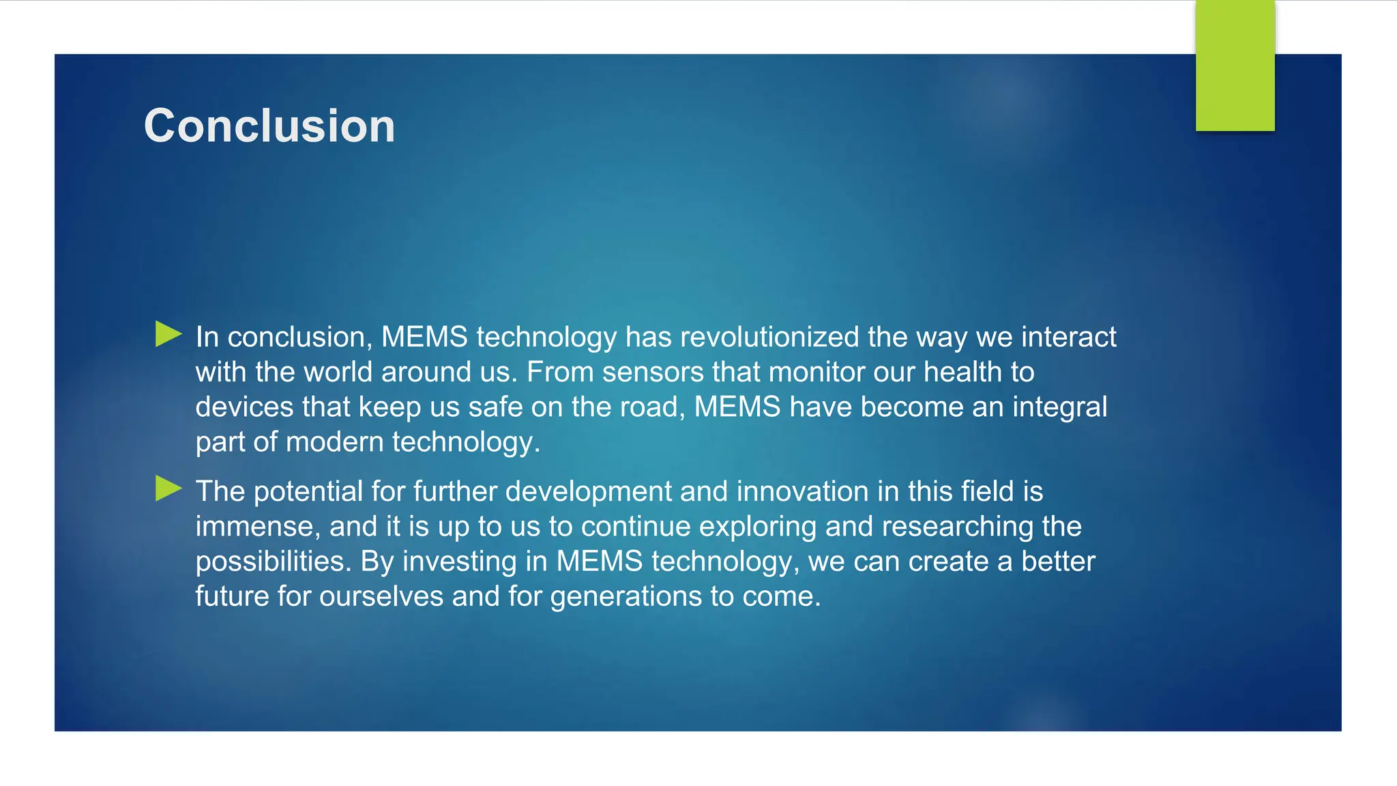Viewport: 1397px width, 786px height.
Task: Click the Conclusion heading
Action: pos(269,126)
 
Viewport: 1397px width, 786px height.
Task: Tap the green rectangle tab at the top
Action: pos(1235,65)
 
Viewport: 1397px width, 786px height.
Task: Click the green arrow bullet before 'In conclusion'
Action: pos(168,334)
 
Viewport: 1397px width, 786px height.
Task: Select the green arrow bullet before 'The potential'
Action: pos(168,489)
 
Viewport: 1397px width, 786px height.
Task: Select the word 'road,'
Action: pos(653,407)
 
